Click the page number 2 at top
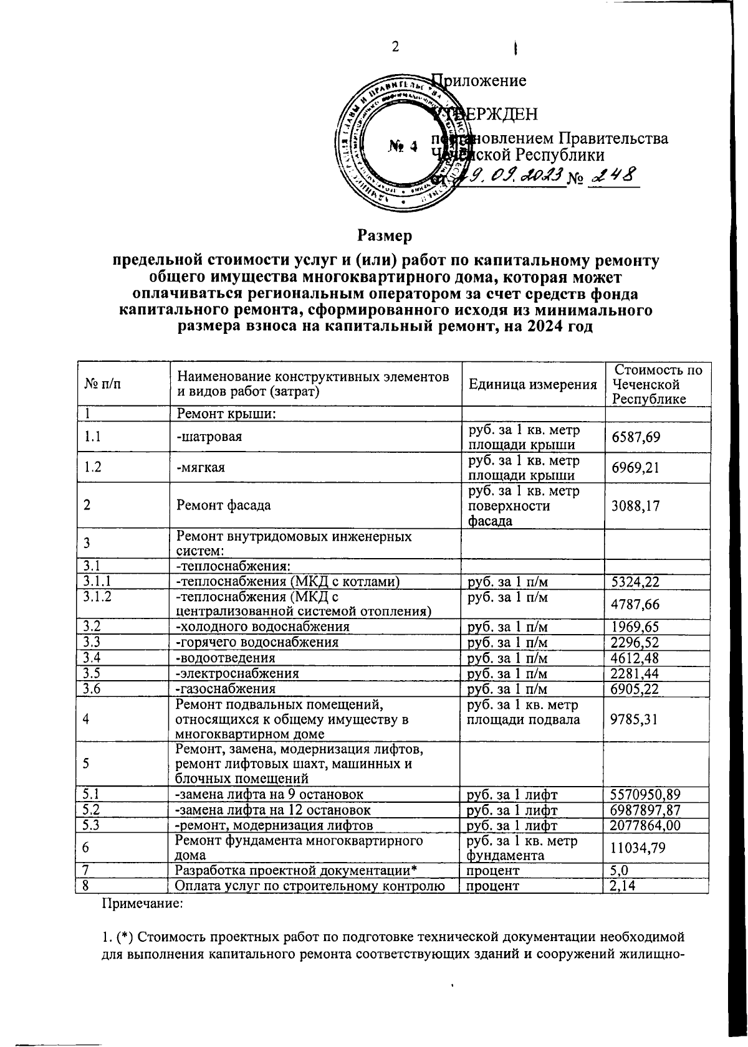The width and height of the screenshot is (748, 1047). point(395,47)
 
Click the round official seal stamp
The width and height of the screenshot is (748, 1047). point(403,146)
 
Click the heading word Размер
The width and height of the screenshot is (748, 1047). point(385,236)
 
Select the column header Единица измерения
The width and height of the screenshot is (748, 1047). point(532,384)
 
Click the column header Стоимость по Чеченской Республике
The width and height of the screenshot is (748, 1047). point(656,384)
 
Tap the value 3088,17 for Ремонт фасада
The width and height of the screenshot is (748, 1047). point(635,505)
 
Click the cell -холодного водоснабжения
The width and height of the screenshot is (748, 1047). point(262,627)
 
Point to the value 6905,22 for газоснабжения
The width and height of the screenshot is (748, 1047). point(635,689)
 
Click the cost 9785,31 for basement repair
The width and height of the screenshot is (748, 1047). point(635,719)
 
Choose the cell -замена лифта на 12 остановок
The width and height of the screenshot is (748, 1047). point(274,810)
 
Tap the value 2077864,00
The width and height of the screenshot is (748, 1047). point(645,825)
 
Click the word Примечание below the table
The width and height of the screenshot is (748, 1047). point(142,904)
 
